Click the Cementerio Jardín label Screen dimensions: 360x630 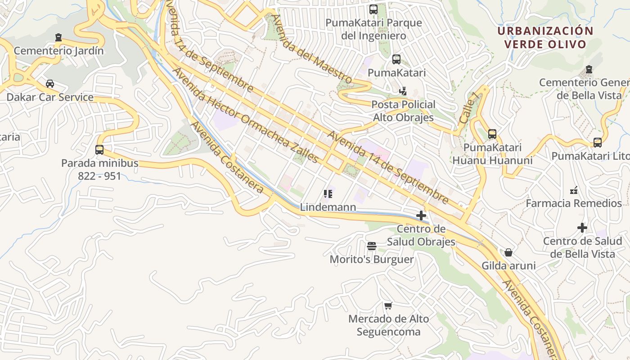pos(58,51)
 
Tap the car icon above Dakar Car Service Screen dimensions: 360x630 pos(50,84)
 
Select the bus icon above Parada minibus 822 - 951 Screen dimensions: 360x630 pos(99,149)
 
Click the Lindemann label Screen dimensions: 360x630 pos(328,207)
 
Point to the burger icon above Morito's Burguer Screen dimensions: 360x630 pos(371,246)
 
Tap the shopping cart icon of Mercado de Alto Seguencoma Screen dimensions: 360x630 pos(388,306)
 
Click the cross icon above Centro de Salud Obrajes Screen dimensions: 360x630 pos(421,216)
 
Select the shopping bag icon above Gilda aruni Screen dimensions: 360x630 pos(508,252)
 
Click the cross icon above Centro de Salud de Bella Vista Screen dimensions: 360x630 pos(582,228)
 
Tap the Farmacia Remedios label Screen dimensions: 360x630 pos(574,203)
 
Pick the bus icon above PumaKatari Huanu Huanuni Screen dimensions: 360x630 pos(492,134)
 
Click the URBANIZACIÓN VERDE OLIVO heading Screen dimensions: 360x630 pos(545,37)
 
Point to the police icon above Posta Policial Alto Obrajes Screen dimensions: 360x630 pos(403,91)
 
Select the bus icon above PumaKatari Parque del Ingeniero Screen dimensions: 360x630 pos(373,9)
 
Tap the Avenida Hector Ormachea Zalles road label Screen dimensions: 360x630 pos(245,116)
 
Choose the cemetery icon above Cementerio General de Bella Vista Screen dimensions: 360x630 pos(589,69)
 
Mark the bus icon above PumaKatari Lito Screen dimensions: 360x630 pos(598,143)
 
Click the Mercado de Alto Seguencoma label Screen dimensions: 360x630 pos(388,325)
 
